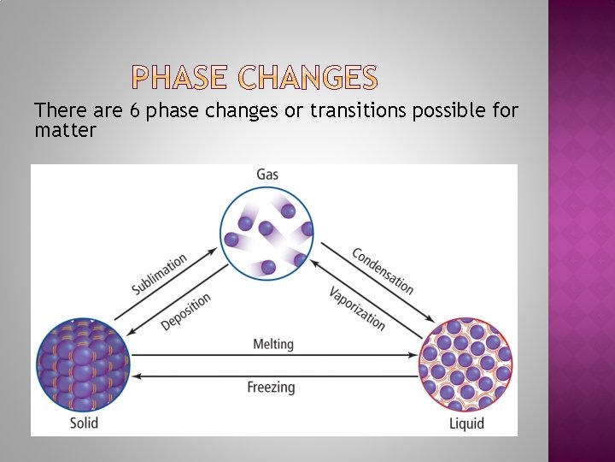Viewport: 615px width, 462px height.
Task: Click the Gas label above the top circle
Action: [x=267, y=175]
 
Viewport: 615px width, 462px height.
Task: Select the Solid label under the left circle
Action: [x=84, y=423]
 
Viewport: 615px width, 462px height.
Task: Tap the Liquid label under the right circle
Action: [x=466, y=423]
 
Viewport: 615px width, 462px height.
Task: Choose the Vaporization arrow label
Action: [x=357, y=308]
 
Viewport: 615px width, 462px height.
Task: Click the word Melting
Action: [x=273, y=344]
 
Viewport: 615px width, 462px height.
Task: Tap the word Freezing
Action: [x=271, y=387]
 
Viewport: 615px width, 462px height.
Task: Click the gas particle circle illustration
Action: [x=267, y=234]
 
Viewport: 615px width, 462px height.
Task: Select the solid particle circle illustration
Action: [x=83, y=364]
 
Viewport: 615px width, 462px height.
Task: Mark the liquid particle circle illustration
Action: [x=466, y=364]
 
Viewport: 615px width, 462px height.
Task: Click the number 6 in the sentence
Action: [x=135, y=111]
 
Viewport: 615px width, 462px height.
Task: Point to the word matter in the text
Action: [x=65, y=131]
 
